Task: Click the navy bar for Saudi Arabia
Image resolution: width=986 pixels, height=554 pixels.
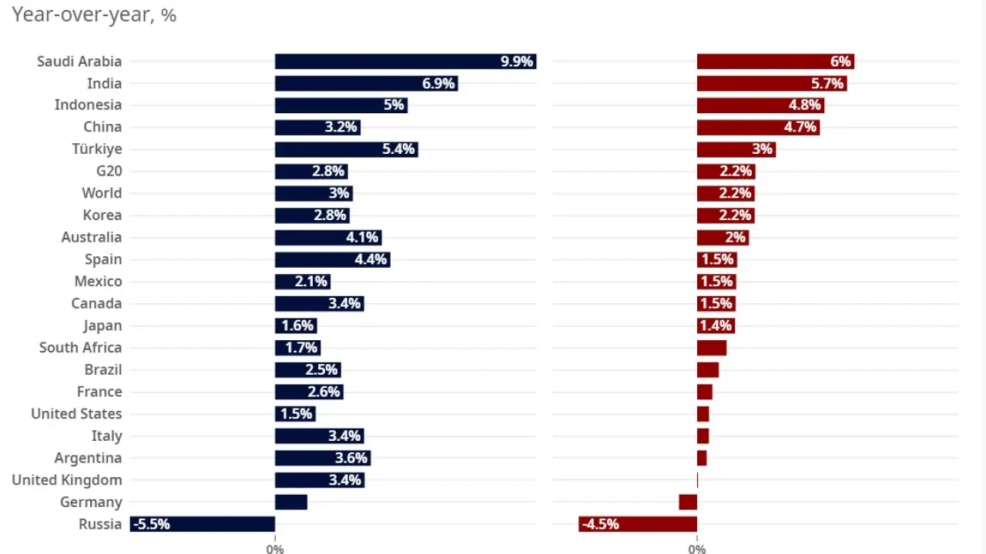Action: click(385, 62)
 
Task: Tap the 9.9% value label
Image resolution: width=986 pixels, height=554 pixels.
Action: click(517, 62)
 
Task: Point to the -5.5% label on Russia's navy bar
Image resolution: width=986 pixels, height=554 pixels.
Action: click(151, 524)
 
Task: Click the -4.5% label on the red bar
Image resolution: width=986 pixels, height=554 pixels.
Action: click(600, 524)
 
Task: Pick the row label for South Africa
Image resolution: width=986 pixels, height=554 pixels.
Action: click(80, 348)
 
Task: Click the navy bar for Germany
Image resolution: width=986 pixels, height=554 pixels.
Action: click(291, 502)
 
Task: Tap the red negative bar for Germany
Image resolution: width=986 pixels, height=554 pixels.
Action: click(688, 502)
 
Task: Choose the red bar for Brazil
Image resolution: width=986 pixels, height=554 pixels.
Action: click(708, 370)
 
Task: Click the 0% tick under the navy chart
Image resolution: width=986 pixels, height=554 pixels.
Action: click(275, 549)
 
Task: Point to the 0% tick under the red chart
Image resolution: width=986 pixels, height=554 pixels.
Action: click(697, 549)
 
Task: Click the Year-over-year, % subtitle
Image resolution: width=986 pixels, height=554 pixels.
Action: click(94, 15)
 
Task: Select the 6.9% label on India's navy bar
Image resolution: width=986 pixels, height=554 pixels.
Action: click(438, 83)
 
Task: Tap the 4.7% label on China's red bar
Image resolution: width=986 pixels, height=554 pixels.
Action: click(800, 127)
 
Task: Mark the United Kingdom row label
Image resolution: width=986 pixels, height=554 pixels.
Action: click(67, 480)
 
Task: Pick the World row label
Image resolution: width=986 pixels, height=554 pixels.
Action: click(102, 193)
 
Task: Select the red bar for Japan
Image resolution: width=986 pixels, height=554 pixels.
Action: click(716, 325)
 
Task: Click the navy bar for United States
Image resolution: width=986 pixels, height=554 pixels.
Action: click(295, 414)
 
